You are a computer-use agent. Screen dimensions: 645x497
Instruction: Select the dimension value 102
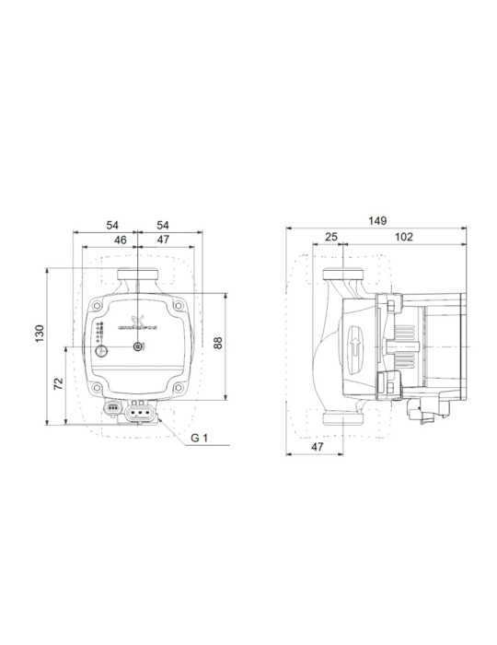click(x=403, y=238)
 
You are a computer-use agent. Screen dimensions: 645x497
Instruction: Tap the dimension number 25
click(x=331, y=238)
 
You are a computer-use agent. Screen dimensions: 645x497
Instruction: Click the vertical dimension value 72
click(x=59, y=382)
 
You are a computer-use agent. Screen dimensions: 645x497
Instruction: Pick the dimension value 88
click(x=218, y=343)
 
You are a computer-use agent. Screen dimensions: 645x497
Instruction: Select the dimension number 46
click(x=119, y=239)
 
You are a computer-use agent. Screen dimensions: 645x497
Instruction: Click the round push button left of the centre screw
click(x=100, y=347)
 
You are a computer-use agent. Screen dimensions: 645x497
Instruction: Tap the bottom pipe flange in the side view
click(x=342, y=422)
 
